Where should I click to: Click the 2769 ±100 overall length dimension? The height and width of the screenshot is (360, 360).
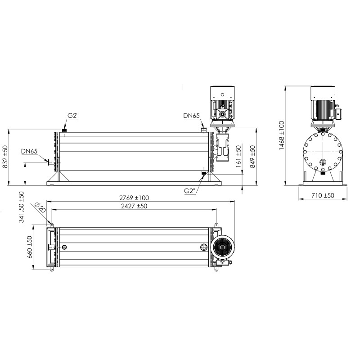134,198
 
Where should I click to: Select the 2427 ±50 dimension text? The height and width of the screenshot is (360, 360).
134,206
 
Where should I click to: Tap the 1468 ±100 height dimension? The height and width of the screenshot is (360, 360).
282,135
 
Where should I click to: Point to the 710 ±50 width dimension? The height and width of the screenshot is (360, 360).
323,195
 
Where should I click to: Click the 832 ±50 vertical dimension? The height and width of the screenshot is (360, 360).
5,157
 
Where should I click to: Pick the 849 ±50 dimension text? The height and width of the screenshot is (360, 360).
252,157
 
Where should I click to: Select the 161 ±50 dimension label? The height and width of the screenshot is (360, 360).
238,156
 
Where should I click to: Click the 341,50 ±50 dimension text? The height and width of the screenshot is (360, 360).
21,207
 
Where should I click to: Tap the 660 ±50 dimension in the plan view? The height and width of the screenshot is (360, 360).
30,247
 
